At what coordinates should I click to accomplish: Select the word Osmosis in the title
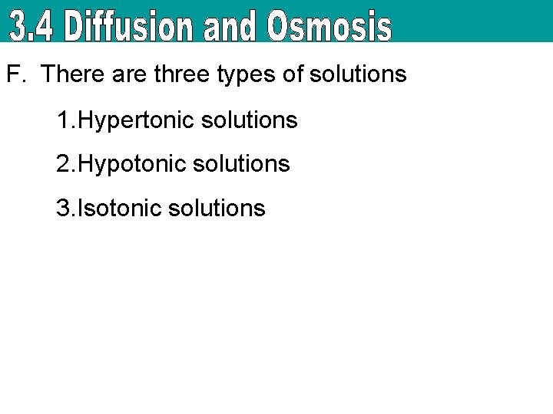(x=329, y=28)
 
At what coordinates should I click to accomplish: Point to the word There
(x=70, y=74)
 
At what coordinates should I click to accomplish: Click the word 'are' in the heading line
(x=126, y=74)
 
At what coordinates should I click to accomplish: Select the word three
(x=178, y=74)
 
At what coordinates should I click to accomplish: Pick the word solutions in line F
(x=357, y=74)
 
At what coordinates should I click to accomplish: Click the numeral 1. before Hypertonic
(x=66, y=120)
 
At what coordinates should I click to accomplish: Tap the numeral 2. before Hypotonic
(x=66, y=164)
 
